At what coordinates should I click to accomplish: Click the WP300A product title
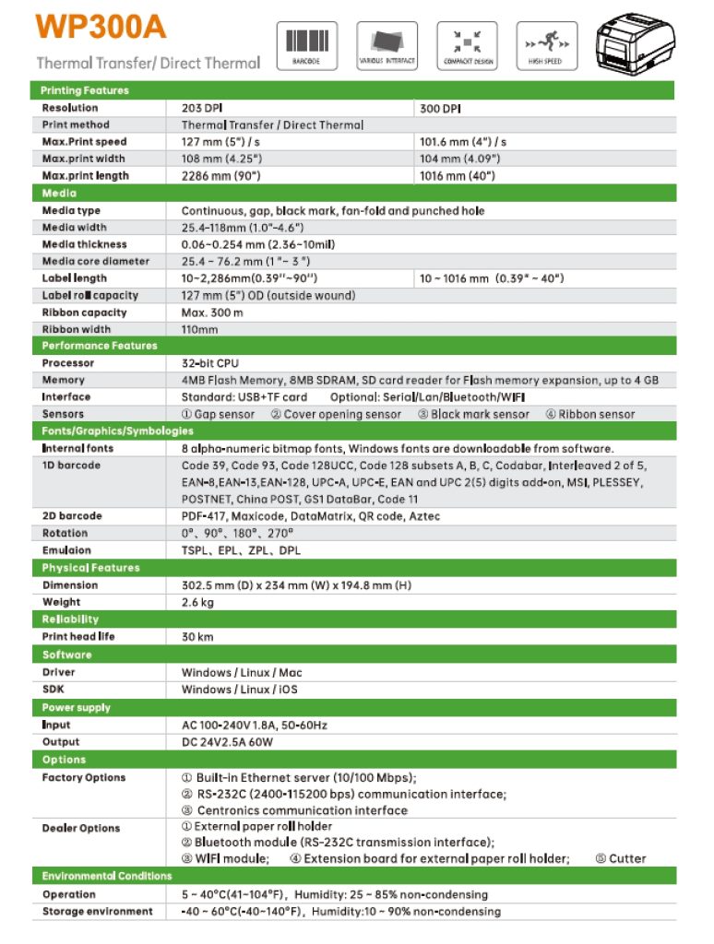pos(101,27)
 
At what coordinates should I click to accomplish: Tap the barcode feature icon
pos(306,45)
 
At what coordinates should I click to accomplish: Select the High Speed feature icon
pos(545,45)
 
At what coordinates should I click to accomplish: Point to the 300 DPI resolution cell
pos(440,108)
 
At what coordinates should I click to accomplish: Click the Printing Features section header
pos(85,90)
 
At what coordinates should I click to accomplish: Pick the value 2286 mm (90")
pos(220,175)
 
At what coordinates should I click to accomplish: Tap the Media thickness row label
pos(84,244)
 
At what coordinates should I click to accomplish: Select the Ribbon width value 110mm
pos(199,329)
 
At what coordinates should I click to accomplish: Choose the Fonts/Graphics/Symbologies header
pos(117,431)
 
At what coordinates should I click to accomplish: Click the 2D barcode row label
pos(72,516)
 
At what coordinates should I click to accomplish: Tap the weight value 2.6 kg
pos(197,602)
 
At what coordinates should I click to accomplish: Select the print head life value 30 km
pos(197,636)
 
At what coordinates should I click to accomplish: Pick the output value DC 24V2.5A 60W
pos(235,742)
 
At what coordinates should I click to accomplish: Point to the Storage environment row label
pos(97,912)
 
